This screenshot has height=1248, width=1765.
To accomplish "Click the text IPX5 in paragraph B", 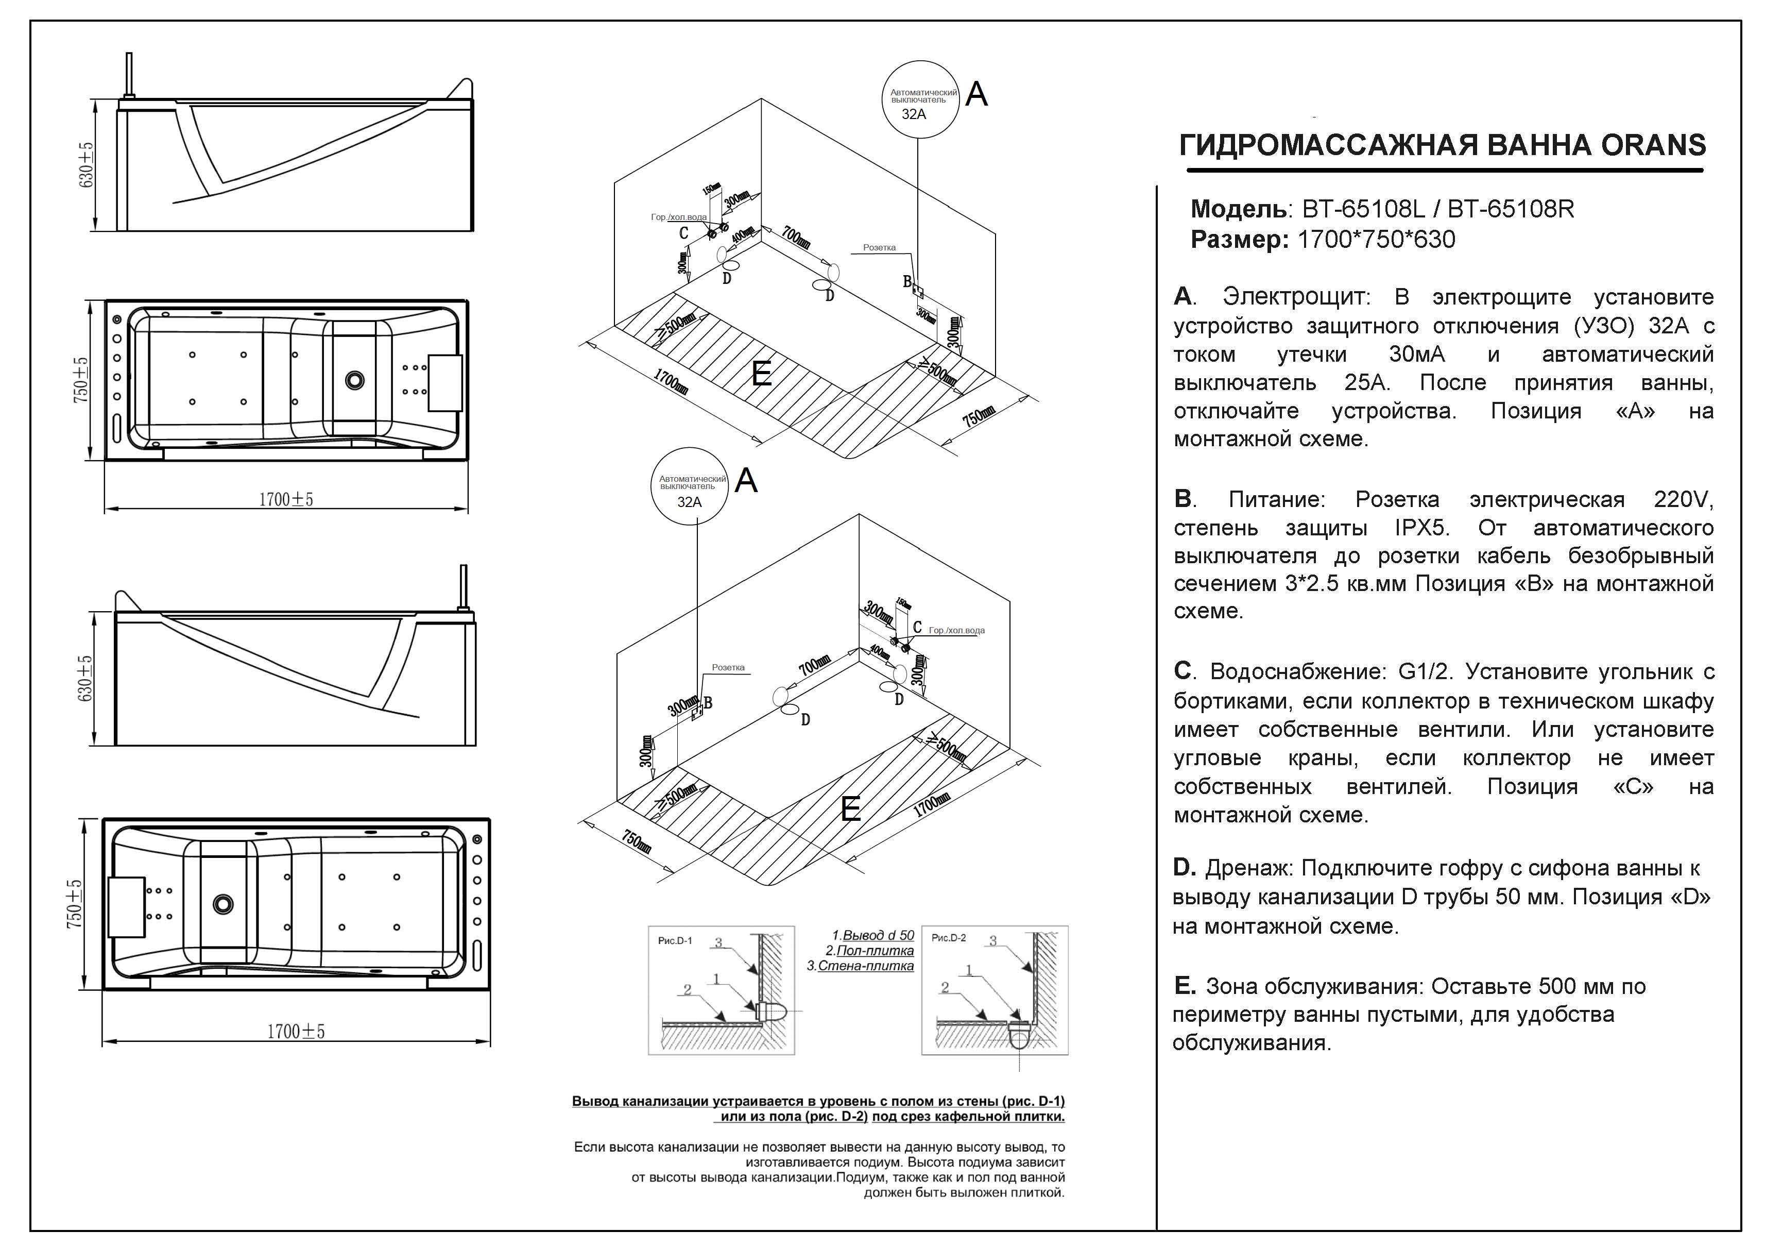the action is [x=1421, y=528].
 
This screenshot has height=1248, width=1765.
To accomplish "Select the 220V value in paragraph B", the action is [x=1684, y=500].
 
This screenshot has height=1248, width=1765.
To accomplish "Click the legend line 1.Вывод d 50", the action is [x=873, y=935].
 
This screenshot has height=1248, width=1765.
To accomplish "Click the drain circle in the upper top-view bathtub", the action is [x=354, y=379].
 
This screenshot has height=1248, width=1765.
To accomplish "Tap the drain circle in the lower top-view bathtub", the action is [x=224, y=904].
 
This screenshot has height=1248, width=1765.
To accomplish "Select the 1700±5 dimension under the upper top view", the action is [x=286, y=500].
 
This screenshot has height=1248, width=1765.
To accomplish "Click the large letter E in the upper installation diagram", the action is [x=762, y=375].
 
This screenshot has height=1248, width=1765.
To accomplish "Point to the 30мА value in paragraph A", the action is [x=1417, y=355].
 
